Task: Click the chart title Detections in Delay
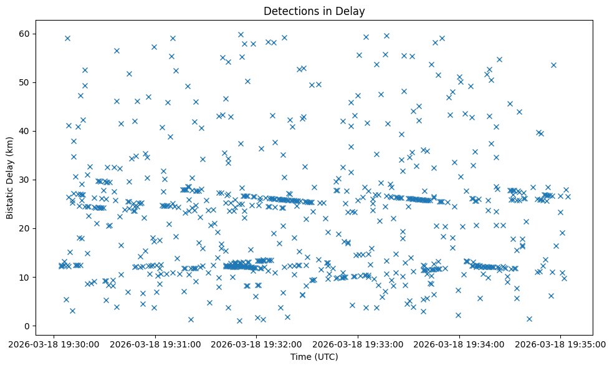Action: click(314, 11)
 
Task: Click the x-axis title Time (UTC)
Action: click(314, 357)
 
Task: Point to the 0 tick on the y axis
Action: click(27, 326)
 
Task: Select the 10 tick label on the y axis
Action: click(24, 277)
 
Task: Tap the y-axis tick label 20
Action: click(24, 228)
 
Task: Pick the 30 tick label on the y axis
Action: click(24, 180)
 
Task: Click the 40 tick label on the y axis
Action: click(24, 131)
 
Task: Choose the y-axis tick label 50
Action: click(24, 82)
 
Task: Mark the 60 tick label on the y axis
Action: click(24, 34)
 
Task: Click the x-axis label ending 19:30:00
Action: click(54, 344)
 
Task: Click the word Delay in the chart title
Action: click(351, 11)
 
